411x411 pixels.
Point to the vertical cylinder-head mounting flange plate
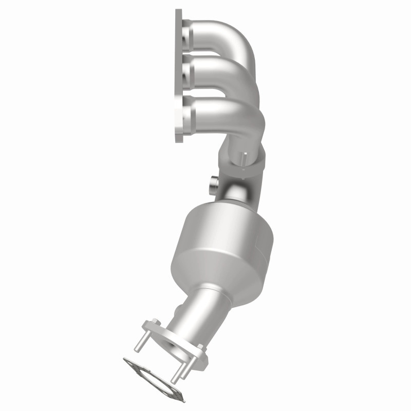[x=179, y=77]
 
